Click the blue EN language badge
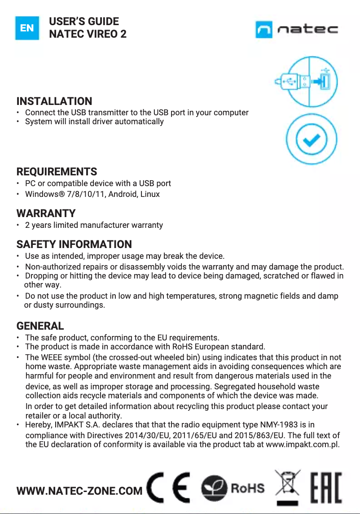[27, 28]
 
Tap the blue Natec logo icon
[264, 30]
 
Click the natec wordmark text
[307, 30]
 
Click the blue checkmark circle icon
[312, 140]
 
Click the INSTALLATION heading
[54, 101]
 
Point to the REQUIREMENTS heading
[57, 172]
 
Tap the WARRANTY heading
[46, 213]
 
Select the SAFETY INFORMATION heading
[74, 244]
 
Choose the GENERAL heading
[40, 326]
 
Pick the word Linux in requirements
[149, 194]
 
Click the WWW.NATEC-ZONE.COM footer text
[79, 491]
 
